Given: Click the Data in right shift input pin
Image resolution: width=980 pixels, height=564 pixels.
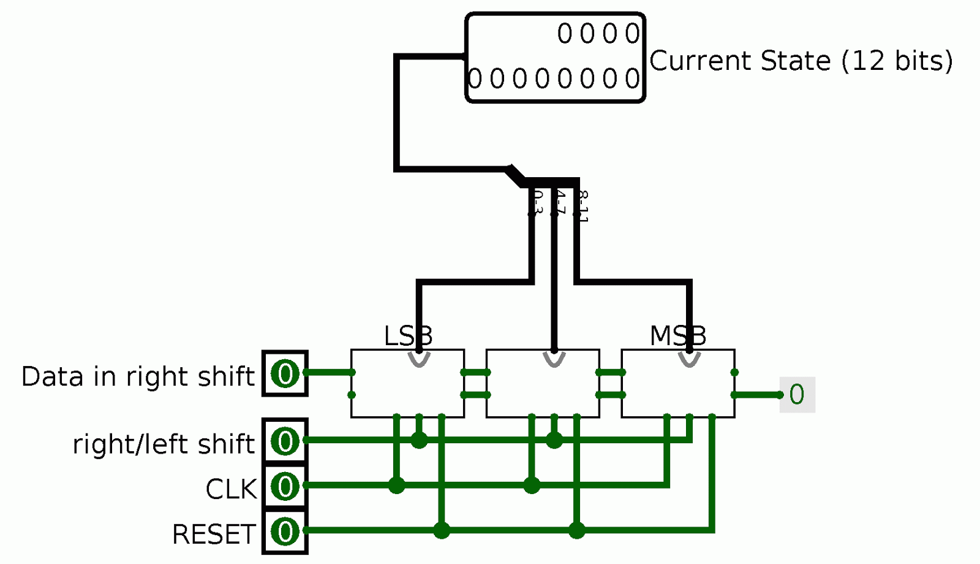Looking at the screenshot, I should click(x=285, y=373).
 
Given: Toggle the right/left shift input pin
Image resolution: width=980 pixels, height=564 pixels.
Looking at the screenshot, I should click(x=285, y=441).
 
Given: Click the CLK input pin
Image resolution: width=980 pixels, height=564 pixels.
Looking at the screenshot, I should click(x=285, y=486).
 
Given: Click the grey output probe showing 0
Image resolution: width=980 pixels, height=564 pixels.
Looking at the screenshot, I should click(x=796, y=395).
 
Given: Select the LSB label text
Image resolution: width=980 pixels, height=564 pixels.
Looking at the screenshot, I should click(x=408, y=336).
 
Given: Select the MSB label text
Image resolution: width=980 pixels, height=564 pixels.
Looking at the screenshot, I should click(x=677, y=336).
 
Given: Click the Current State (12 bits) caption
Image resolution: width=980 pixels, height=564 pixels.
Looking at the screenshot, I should click(x=801, y=61).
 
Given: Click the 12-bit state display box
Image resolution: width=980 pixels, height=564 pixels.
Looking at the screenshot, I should click(x=555, y=58).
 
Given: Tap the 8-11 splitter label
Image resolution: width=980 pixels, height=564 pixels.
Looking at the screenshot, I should click(x=582, y=206).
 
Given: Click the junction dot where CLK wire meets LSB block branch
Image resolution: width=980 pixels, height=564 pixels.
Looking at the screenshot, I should click(x=397, y=486).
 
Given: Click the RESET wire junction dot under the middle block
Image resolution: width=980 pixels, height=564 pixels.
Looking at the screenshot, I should click(x=576, y=530).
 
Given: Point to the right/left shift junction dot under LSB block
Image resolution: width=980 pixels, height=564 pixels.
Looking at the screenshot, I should click(x=419, y=440).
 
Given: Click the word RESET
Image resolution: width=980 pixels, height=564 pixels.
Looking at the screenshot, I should click(x=213, y=534).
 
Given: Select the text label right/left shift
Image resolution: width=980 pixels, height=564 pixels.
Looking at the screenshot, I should click(x=163, y=444).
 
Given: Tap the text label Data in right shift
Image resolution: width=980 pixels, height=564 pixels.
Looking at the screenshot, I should click(x=138, y=376).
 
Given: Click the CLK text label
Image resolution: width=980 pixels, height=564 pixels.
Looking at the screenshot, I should click(x=231, y=489).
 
